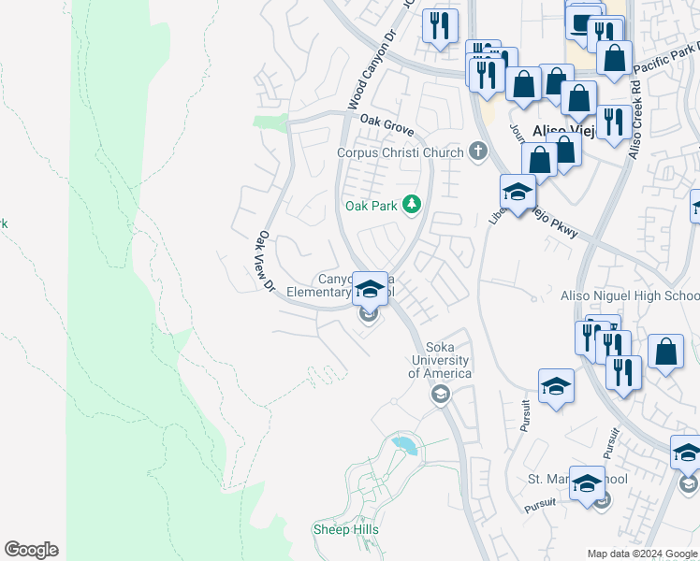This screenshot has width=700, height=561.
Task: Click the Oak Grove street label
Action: coord(386,126)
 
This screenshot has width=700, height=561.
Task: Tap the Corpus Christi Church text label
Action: coord(401,152)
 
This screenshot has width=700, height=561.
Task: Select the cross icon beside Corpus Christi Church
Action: coord(478,151)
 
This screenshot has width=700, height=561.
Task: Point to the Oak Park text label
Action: coord(372,206)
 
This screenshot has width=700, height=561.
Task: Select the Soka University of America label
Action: coord(440,360)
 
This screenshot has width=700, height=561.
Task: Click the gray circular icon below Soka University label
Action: coord(440,395)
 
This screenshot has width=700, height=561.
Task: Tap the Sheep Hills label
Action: coord(345,529)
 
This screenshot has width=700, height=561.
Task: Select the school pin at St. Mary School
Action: coord(587,482)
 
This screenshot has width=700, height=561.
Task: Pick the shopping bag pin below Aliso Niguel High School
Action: coord(665,352)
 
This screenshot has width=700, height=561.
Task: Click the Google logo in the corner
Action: coord(31,550)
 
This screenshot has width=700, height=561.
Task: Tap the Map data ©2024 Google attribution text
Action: coord(642,554)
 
